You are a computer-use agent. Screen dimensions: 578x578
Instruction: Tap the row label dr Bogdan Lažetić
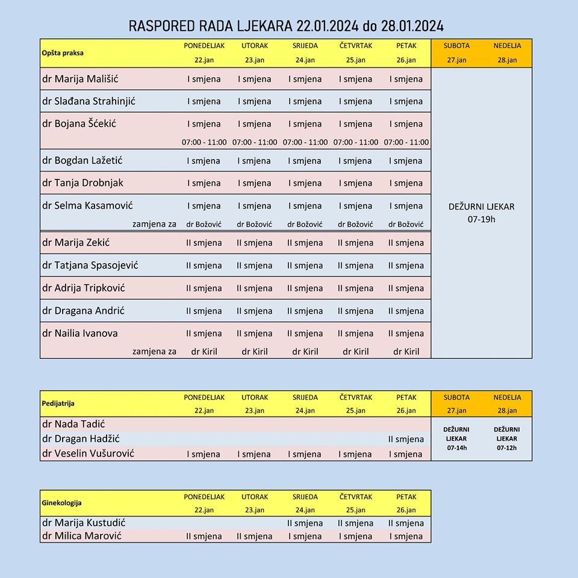tap(82, 160)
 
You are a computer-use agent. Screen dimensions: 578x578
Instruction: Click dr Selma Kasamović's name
tap(87, 205)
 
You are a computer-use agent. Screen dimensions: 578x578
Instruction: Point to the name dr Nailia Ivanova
tap(80, 333)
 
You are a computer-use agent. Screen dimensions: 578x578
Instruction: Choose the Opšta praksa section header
tap(63, 53)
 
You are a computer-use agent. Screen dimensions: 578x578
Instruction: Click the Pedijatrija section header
tap(58, 403)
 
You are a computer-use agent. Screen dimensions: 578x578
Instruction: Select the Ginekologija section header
tap(61, 503)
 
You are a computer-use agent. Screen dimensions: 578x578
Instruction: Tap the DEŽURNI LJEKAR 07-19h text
tap(482, 213)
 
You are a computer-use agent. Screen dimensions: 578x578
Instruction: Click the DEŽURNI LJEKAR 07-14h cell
tap(456, 438)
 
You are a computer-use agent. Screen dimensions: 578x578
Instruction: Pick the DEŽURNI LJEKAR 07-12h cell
tap(507, 438)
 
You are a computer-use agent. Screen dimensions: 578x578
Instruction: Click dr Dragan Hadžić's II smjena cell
tap(406, 439)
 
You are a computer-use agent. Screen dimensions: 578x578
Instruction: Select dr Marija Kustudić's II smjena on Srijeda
tap(305, 523)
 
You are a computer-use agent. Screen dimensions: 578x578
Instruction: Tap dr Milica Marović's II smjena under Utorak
tap(255, 536)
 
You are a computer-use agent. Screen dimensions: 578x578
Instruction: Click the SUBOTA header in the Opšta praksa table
tap(456, 45)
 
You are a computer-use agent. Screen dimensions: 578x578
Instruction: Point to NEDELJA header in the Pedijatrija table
tap(507, 397)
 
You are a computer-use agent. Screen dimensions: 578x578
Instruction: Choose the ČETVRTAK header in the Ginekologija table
tap(356, 497)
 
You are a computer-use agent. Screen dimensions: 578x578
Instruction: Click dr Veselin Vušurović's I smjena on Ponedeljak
tap(204, 454)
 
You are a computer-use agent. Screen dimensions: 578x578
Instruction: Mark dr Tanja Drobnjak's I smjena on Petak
tap(406, 183)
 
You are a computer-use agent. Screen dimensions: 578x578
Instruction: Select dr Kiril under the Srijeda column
tap(305, 351)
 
